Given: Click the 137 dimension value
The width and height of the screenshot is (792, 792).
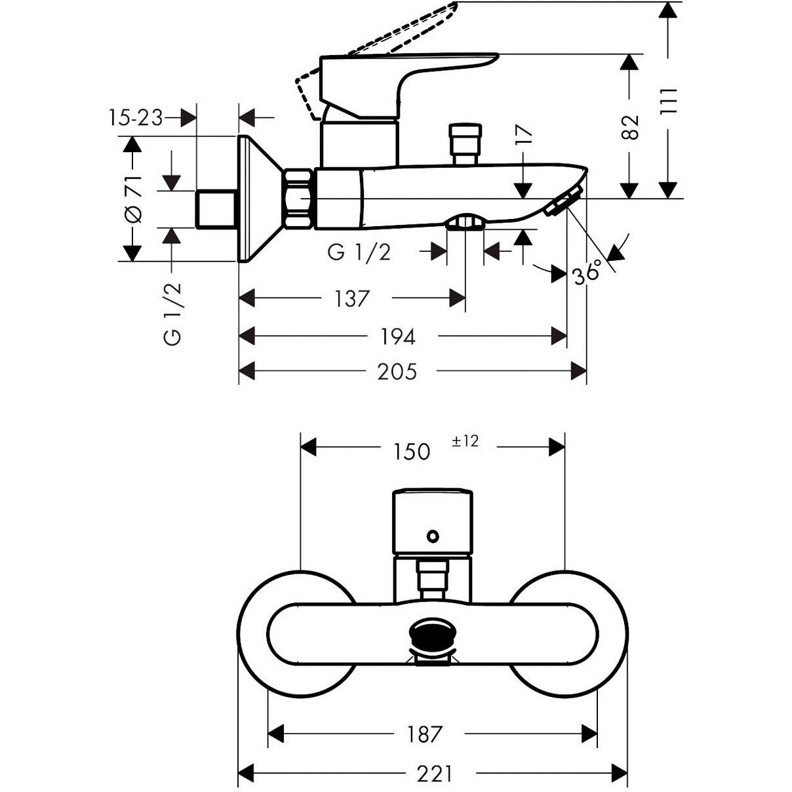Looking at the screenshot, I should tap(352, 299).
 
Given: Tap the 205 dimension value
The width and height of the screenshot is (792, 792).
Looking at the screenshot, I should tap(397, 372).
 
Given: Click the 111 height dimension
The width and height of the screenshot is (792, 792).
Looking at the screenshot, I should tap(668, 102).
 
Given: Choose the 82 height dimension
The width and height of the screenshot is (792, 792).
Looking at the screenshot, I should tap(630, 127).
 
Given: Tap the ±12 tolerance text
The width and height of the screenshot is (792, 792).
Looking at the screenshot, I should tap(465, 441).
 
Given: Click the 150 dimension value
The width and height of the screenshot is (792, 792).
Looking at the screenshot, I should tap(412, 451).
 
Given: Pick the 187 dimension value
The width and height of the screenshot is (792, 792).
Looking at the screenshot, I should tap(425, 734).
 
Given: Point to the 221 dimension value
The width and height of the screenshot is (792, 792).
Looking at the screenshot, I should tap(434, 774).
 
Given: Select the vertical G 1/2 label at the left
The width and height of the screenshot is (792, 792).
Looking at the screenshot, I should tap(172, 314).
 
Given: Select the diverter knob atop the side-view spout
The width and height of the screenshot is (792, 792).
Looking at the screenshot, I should tap(464, 142).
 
